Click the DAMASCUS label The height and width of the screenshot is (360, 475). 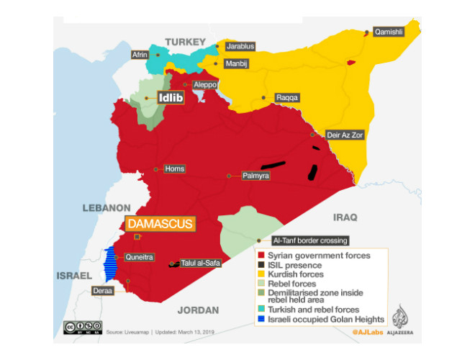point(162,224)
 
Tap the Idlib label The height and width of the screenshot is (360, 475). point(171,98)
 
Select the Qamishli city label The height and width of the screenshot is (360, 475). point(388,32)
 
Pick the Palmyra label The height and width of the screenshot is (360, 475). point(255,175)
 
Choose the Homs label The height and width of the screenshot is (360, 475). point(174,169)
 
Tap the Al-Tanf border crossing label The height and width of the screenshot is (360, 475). point(310,240)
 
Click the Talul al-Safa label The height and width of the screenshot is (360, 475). point(201,263)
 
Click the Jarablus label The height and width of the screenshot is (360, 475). point(240,46)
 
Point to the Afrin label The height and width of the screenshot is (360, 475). point(140,55)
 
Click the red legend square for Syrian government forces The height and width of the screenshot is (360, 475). point(261,256)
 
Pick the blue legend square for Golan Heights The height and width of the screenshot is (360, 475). point(261,319)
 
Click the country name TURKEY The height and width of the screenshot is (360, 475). point(185,42)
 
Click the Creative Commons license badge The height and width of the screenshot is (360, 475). point(81,328)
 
